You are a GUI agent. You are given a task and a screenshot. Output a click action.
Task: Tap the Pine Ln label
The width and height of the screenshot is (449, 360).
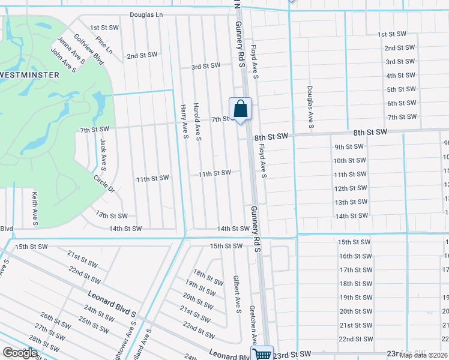tap(104, 46)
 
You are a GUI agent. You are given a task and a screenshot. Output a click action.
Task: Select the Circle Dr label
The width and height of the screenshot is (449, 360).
tap(104, 184)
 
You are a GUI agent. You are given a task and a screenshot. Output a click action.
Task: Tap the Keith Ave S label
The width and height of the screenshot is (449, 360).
tap(35, 209)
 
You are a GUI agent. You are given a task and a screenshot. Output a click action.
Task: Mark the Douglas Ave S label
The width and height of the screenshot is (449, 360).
tap(310, 106)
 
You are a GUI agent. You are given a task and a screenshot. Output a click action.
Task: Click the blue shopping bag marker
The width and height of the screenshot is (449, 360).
tap(240, 109)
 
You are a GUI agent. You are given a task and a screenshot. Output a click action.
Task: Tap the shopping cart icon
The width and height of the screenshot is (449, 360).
tap(262, 354)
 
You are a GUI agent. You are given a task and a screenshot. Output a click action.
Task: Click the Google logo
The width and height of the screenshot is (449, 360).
tap(20, 353)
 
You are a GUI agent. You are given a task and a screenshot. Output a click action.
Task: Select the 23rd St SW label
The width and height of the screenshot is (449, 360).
tap(292, 356)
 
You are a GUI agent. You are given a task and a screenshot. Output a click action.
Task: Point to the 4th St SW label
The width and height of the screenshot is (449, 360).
tap(401, 76)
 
